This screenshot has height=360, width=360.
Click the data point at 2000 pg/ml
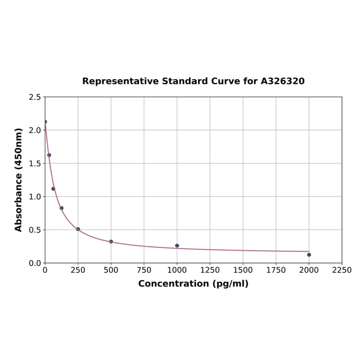click(x=309, y=254)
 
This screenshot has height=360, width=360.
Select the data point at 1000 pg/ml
click(x=177, y=245)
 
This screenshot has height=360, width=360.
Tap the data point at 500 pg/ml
click(x=111, y=241)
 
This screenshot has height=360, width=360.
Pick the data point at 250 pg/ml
click(x=78, y=229)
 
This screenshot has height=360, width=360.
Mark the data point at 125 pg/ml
click(x=62, y=208)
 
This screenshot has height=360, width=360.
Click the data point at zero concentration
click(x=45, y=122)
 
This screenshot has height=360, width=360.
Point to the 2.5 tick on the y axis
click(x=35, y=97)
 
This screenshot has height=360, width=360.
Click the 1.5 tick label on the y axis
click(x=35, y=164)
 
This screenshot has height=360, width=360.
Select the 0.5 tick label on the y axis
click(x=35, y=230)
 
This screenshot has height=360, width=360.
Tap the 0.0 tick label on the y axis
click(x=35, y=263)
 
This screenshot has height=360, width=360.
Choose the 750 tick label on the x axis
click(x=144, y=270)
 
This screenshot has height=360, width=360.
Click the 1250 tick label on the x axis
click(x=210, y=270)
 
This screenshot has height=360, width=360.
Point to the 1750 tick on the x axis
click(x=276, y=270)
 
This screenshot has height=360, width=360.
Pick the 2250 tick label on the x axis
click(x=342, y=270)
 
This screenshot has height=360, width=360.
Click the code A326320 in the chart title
click(x=283, y=81)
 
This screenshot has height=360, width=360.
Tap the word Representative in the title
click(x=121, y=81)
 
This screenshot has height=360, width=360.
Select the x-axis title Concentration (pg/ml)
click(x=193, y=284)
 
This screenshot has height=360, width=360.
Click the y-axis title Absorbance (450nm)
click(x=19, y=180)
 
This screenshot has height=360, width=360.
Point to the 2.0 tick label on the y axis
click(x=35, y=130)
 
